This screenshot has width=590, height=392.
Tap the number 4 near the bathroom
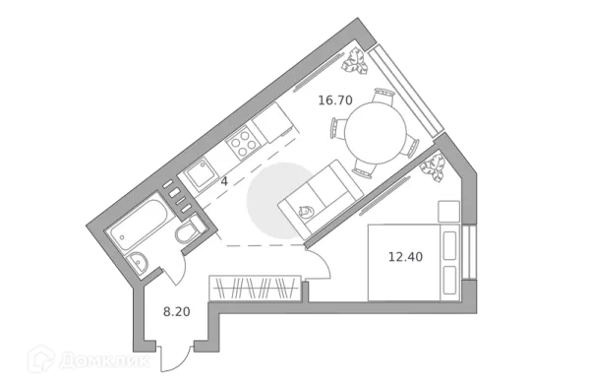tap(224, 181)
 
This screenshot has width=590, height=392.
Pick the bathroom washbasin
tap(140, 263)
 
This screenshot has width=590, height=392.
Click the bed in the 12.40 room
tap(413, 262)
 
